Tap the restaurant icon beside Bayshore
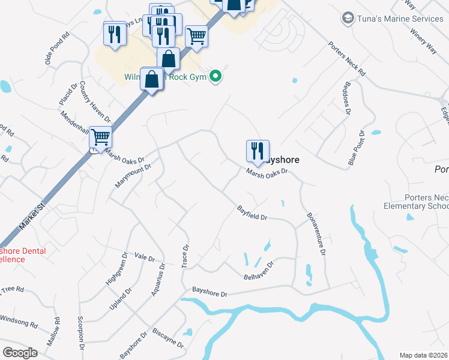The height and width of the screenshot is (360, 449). (258, 151)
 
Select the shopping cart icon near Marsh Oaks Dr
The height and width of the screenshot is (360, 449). (101, 137)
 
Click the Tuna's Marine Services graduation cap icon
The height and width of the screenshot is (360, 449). (347, 19)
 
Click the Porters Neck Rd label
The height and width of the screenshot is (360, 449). (346, 58)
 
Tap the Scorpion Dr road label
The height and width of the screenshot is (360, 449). (80, 333)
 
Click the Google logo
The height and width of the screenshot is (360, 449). (20, 352)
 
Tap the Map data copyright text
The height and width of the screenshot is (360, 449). (423, 355)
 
